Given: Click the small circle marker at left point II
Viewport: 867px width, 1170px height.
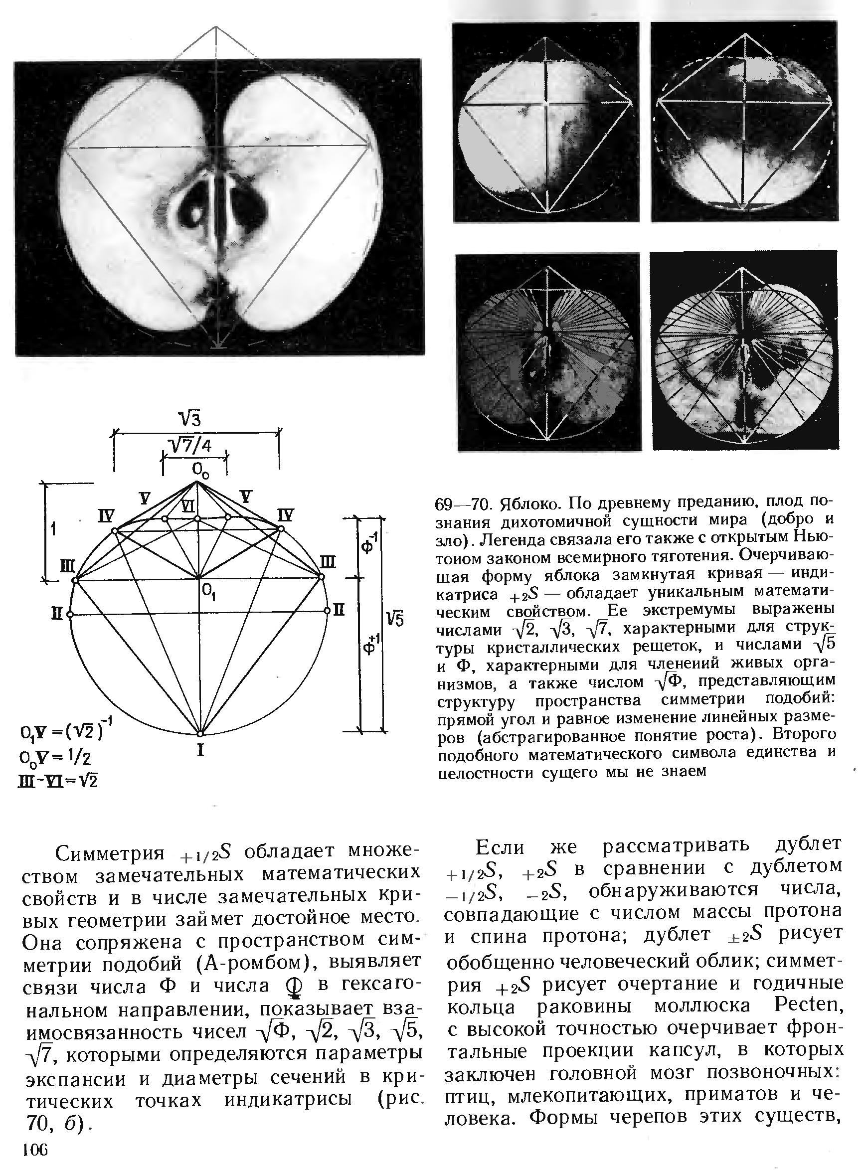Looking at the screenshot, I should pos(70,614).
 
